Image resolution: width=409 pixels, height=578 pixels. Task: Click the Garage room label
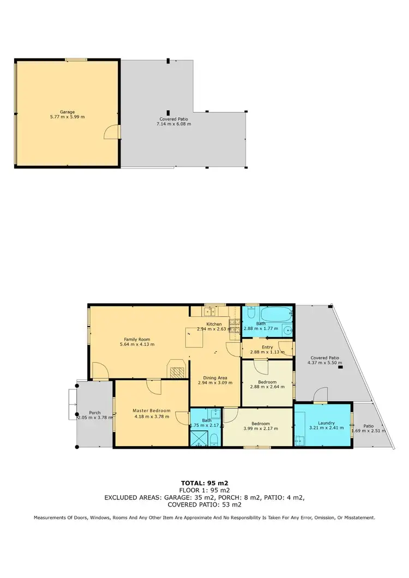click(67, 112)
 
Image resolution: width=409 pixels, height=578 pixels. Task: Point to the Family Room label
click(135, 339)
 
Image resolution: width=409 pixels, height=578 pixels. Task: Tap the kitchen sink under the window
click(208, 312)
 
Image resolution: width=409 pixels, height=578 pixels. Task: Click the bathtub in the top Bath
click(276, 315)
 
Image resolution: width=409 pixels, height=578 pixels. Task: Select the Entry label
click(267, 347)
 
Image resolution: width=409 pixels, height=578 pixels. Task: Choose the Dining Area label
click(212, 377)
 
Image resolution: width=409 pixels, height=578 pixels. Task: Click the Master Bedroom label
click(152, 411)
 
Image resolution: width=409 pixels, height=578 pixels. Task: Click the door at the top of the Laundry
click(321, 397)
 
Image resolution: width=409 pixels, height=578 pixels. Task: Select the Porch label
click(94, 412)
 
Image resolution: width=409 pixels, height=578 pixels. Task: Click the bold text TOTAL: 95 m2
click(204, 483)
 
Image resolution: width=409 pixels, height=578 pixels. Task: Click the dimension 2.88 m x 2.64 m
click(267, 387)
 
